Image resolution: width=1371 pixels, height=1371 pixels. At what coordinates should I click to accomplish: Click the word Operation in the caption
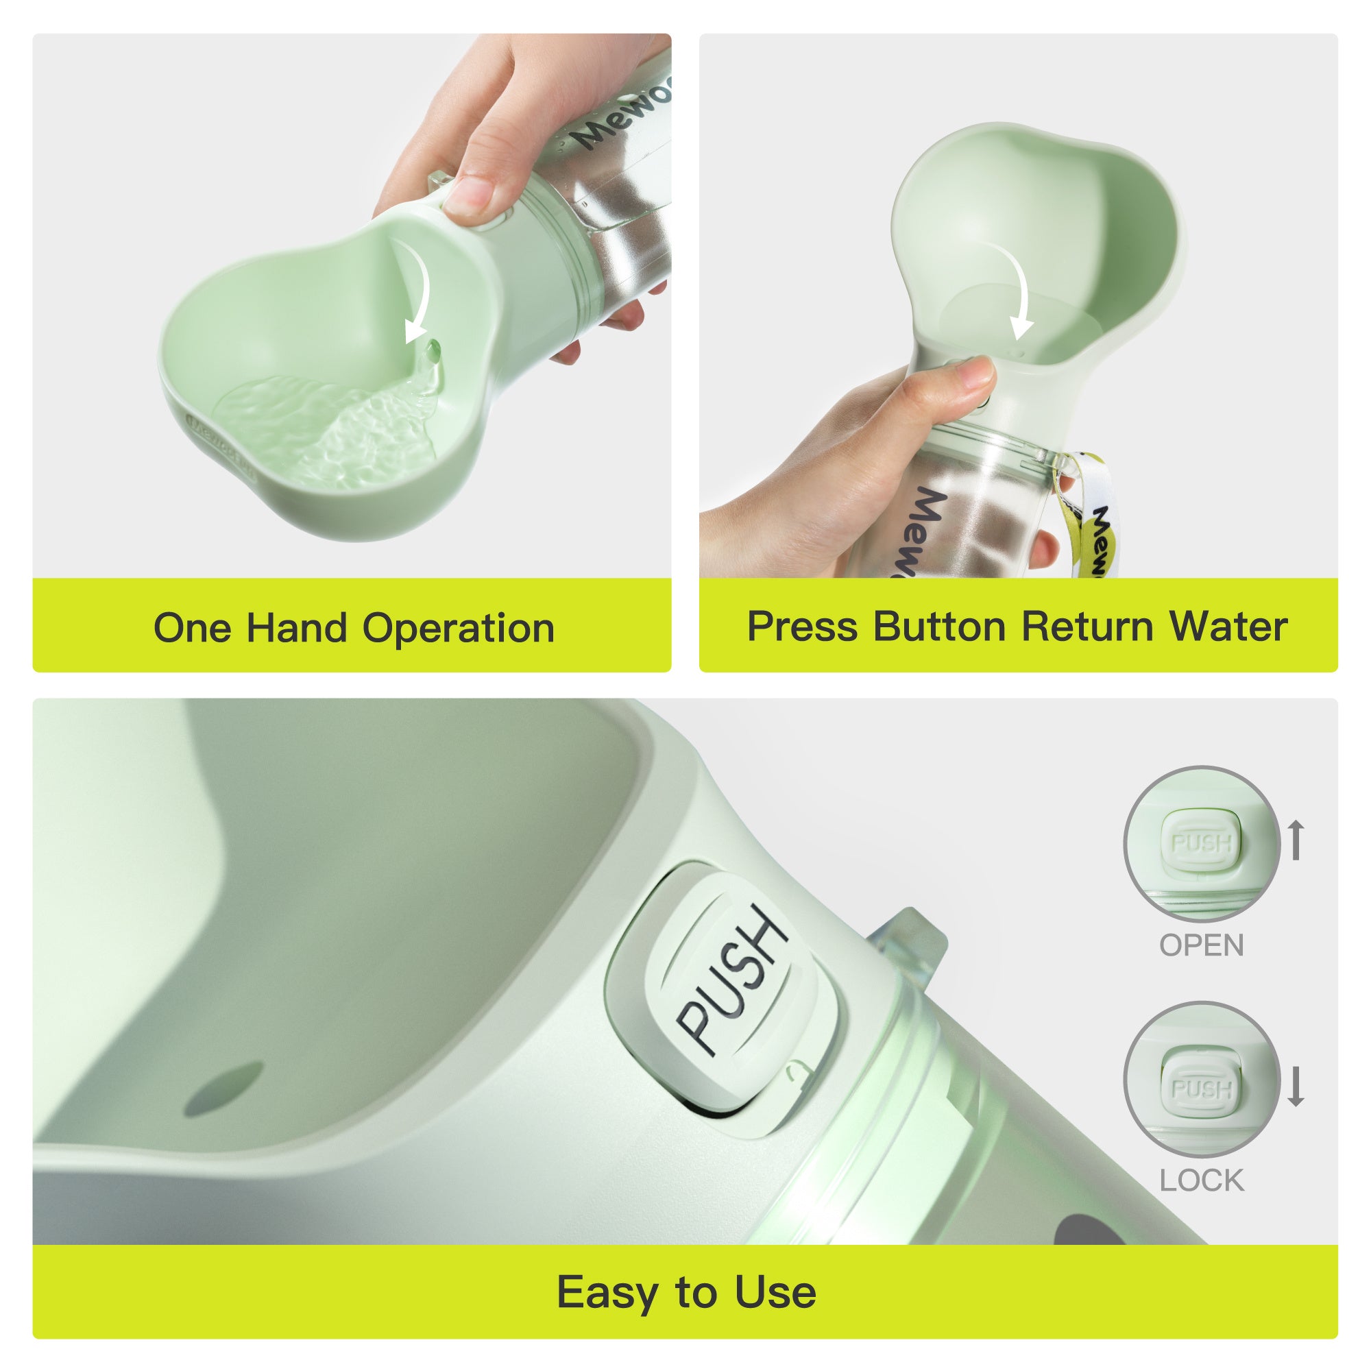click(x=459, y=629)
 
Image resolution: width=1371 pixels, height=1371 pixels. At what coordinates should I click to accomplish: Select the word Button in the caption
click(x=939, y=627)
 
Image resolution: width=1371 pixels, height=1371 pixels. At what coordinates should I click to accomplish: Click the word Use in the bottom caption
click(x=775, y=1291)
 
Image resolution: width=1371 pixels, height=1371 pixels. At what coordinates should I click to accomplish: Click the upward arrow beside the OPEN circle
click(x=1296, y=840)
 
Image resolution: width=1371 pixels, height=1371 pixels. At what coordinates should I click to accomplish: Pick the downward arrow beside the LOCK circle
click(x=1296, y=1086)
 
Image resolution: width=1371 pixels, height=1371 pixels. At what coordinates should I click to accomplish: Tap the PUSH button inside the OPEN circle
click(x=1201, y=843)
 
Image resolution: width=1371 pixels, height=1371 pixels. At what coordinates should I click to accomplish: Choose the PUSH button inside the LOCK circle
click(x=1201, y=1089)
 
